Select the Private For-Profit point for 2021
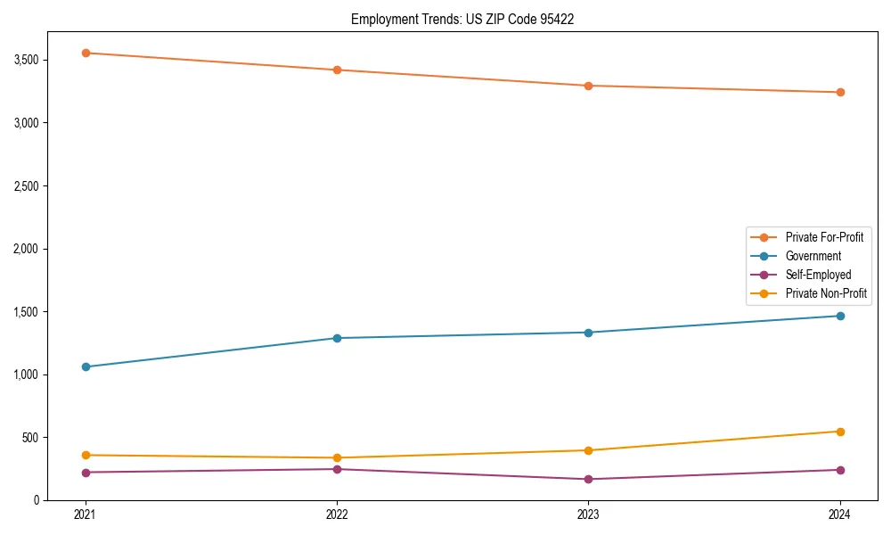pos(86,53)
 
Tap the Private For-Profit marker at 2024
pos(840,92)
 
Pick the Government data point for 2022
pos(337,338)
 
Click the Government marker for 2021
pos(86,366)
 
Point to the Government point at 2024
pos(840,316)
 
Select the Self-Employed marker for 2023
pos(589,480)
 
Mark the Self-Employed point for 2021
pos(86,473)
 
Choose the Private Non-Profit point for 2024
pos(840,432)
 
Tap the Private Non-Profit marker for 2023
pos(589,450)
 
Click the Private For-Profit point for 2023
pos(589,86)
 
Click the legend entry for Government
pos(813,256)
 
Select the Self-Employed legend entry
pos(818,275)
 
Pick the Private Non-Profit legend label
pos(826,293)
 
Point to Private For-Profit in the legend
pos(823,237)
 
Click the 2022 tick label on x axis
pos(337,514)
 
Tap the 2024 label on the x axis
pos(840,514)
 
